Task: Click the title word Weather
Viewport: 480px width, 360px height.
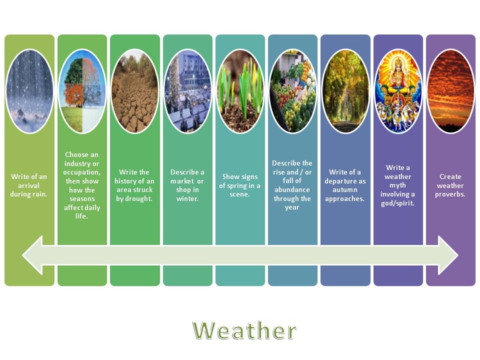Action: click(244, 331)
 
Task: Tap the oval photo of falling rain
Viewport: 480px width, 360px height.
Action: click(29, 91)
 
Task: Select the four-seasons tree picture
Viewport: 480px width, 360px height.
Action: click(82, 91)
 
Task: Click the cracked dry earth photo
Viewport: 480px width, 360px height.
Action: click(134, 91)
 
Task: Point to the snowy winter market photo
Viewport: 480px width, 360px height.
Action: click(187, 91)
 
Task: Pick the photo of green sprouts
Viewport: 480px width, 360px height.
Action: click(240, 91)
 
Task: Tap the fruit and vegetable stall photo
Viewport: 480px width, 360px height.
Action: click(292, 91)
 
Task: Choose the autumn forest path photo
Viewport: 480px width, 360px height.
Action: click(345, 91)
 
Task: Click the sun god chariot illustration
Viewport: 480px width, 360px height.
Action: click(398, 91)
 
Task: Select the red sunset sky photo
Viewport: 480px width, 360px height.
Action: click(450, 91)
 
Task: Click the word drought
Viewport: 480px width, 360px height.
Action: click(134, 198)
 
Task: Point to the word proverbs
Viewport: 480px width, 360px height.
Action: click(450, 194)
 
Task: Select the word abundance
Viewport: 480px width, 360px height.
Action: click(292, 189)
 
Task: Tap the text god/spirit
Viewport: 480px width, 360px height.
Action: click(398, 203)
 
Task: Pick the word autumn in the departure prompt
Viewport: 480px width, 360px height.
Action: click(345, 190)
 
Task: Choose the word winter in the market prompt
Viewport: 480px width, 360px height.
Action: click(187, 198)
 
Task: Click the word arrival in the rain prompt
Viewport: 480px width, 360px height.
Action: click(29, 185)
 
